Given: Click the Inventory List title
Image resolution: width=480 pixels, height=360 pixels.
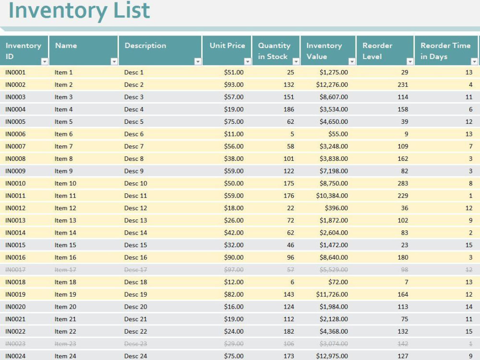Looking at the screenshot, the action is [x=79, y=11].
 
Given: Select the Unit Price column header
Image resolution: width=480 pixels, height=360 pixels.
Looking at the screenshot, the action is [x=228, y=46].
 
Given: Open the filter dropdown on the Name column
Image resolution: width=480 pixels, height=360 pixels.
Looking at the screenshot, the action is [x=114, y=61].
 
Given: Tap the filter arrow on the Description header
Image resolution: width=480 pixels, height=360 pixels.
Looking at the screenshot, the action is [x=198, y=61].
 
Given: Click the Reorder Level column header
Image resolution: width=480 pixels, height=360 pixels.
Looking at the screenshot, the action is [x=377, y=51].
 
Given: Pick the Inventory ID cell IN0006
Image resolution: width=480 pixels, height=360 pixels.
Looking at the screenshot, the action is [x=15, y=134].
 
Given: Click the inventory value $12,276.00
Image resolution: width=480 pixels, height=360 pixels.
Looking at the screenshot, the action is [x=332, y=85].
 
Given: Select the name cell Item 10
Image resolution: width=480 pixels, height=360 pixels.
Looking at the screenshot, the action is [x=65, y=183].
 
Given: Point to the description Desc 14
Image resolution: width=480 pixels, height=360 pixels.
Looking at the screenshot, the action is [x=136, y=233].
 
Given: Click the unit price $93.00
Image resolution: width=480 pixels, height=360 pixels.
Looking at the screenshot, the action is [x=234, y=85].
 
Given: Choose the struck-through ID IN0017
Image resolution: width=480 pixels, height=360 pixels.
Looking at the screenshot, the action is [x=15, y=270].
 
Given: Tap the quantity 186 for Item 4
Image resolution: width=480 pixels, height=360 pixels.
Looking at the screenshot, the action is [x=288, y=109].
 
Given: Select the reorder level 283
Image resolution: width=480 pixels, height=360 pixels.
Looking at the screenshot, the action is [x=403, y=183].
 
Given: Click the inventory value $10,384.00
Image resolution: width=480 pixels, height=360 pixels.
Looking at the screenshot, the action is [x=332, y=196].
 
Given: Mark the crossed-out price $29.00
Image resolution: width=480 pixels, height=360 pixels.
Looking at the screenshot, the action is [x=234, y=344].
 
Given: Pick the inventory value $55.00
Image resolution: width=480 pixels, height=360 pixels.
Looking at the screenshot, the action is [x=338, y=134].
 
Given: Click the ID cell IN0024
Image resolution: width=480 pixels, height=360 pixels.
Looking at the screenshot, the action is [x=15, y=356].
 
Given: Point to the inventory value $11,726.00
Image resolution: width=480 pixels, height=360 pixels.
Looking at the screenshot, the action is [x=332, y=295].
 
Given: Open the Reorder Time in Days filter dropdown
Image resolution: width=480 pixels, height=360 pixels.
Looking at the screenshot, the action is [x=474, y=61].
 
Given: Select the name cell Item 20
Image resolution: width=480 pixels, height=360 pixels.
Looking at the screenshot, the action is [x=65, y=307].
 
